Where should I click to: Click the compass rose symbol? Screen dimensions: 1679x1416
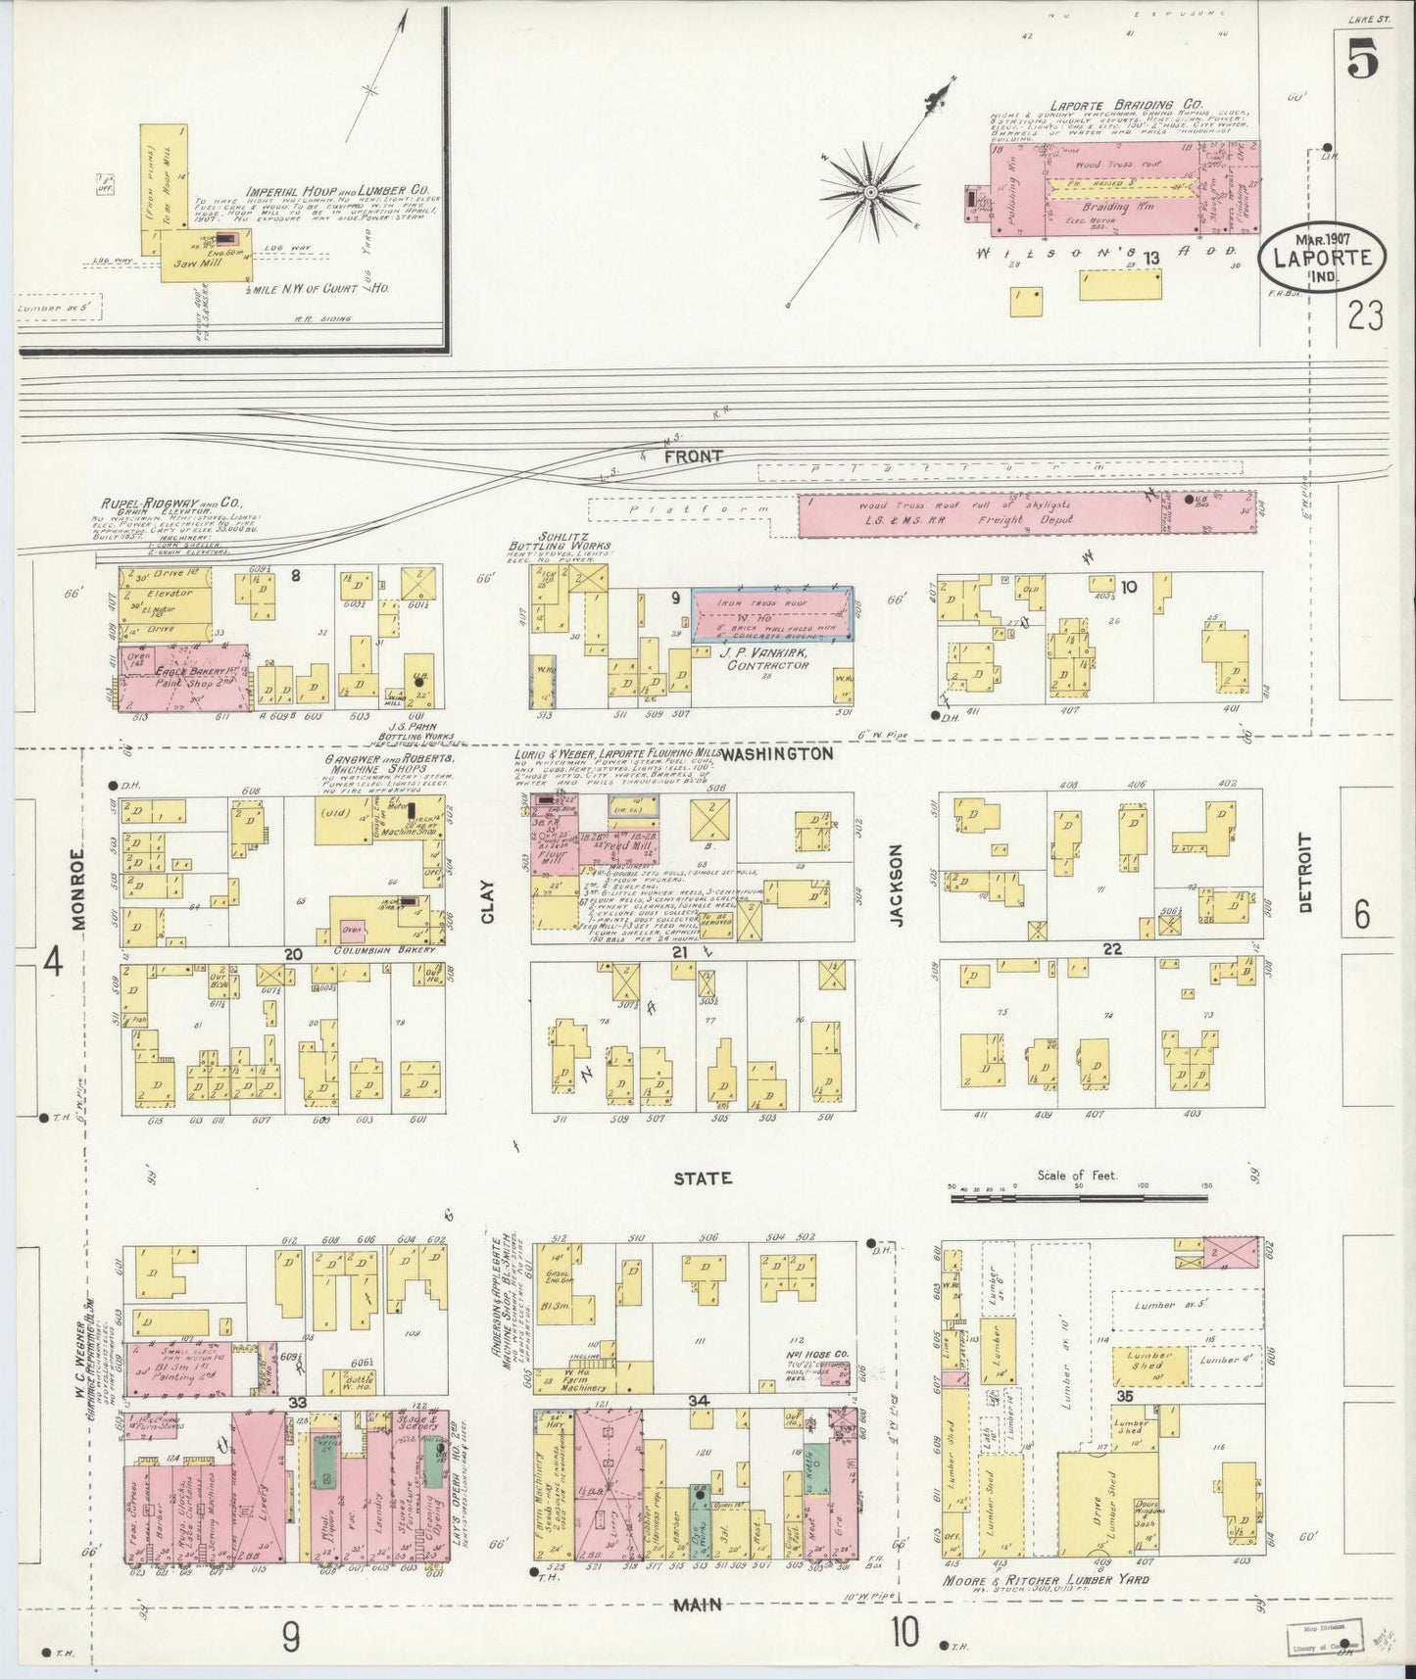[868, 192]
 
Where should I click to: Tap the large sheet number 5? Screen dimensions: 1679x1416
[1363, 62]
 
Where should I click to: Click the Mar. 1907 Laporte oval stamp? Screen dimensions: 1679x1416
[1323, 253]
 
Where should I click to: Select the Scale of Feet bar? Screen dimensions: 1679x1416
[1078, 1196]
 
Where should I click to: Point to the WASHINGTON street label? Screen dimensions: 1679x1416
[777, 754]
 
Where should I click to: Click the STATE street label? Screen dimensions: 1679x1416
[702, 1178]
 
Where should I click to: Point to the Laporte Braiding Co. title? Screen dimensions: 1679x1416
[1111, 105]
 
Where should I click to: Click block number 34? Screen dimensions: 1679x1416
[699, 1402]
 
